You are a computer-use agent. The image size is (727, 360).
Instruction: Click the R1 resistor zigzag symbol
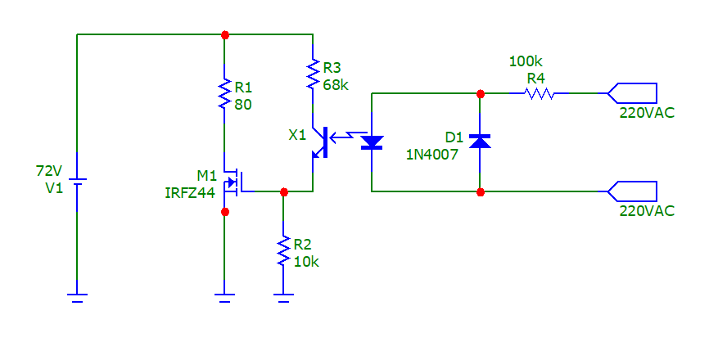[224, 94]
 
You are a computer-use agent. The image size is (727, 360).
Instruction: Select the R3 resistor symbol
[313, 73]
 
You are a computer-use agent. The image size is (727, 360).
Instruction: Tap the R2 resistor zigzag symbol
[283, 251]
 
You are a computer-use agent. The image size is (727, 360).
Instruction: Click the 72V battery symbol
[77, 181]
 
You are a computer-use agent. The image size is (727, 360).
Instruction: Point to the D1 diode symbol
[480, 142]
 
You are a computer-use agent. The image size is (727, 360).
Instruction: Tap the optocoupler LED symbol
[373, 142]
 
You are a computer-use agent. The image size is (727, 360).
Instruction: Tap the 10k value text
[305, 261]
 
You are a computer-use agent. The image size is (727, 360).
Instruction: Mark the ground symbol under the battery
[77, 297]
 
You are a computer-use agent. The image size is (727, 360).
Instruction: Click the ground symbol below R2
[283, 297]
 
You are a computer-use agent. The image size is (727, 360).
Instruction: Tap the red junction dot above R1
[225, 35]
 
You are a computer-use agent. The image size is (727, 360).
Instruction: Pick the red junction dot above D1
[480, 93]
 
